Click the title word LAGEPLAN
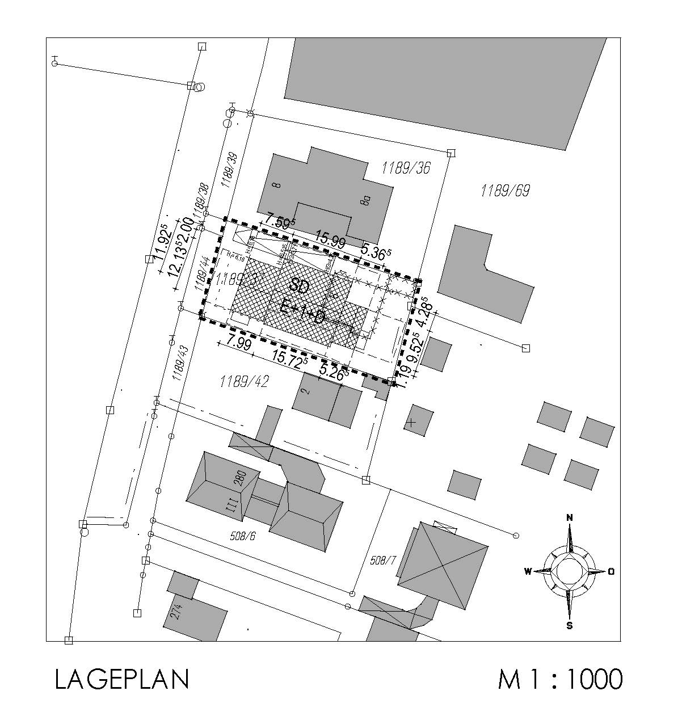(x=121, y=679)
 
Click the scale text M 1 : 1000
(x=560, y=679)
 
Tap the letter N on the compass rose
(x=570, y=517)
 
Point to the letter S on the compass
(x=569, y=626)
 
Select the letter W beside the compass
(x=528, y=571)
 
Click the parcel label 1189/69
(x=504, y=191)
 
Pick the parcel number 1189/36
(x=406, y=167)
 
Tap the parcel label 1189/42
(x=244, y=381)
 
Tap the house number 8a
(x=367, y=200)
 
